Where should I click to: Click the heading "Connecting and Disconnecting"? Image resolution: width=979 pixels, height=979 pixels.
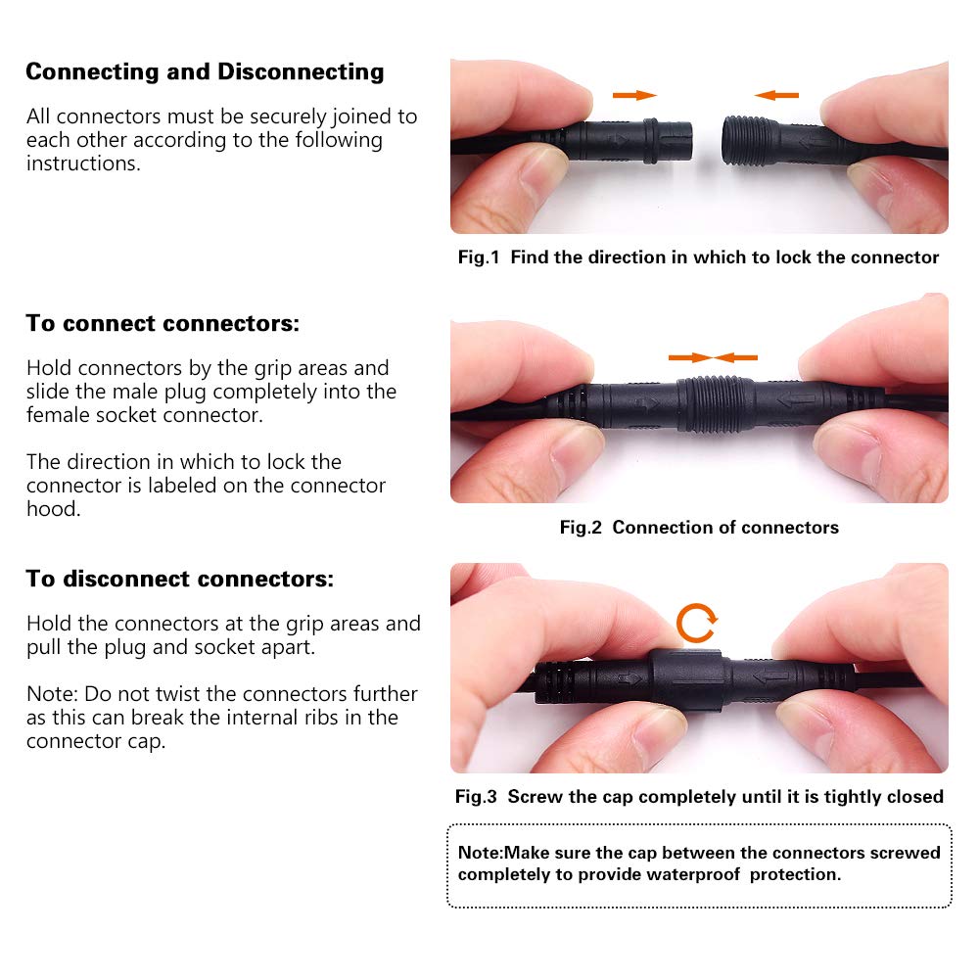tap(205, 71)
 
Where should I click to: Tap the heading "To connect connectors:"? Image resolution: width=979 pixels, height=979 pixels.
tap(163, 323)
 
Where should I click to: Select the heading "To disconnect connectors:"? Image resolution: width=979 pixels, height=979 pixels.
tap(180, 579)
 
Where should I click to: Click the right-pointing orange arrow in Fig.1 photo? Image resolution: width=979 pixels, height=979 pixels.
tap(634, 96)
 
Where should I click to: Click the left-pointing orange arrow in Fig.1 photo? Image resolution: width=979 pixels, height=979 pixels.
tap(776, 96)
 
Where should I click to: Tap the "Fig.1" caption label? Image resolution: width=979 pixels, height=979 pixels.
tap(479, 257)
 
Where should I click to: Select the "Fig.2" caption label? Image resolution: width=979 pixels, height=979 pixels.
tap(581, 528)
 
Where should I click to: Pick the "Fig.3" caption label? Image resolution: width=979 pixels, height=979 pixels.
tap(476, 797)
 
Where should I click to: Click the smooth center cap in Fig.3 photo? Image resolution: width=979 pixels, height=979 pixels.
tap(686, 680)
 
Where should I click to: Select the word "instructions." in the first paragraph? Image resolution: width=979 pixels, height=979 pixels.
tap(83, 163)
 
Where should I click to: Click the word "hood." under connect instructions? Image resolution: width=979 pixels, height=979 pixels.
tap(54, 509)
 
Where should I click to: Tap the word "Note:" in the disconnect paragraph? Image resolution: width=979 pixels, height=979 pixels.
tap(53, 694)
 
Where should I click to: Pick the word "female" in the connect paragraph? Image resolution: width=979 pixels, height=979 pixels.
tap(58, 415)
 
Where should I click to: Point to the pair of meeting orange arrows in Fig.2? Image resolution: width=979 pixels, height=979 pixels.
tap(713, 357)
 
